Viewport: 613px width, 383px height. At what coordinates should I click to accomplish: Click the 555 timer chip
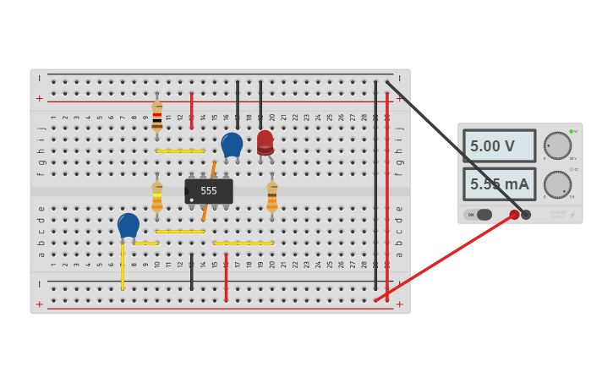(209, 191)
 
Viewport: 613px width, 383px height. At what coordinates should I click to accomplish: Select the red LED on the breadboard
(265, 141)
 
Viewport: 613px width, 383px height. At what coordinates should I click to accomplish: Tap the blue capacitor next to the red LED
(232, 145)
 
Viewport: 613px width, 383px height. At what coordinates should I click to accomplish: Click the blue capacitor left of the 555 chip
(129, 226)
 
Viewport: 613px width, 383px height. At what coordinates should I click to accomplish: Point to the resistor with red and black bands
(156, 116)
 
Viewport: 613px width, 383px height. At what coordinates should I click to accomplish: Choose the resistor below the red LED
(271, 198)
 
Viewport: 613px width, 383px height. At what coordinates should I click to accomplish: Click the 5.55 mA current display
(499, 183)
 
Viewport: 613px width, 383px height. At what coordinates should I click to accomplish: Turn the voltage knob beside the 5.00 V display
(556, 145)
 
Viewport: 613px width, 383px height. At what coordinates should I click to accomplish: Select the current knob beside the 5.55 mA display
(556, 183)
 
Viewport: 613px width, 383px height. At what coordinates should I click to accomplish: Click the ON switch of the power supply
(478, 215)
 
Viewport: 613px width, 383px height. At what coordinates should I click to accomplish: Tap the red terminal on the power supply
(514, 215)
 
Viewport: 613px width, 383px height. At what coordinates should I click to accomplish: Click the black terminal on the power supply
(526, 215)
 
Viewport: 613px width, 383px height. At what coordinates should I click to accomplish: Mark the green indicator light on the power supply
(572, 131)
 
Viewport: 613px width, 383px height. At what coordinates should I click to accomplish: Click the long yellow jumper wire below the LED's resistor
(244, 243)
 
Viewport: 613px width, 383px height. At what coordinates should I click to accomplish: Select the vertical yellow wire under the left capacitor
(123, 266)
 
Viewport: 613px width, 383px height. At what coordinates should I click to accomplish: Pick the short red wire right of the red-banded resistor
(192, 110)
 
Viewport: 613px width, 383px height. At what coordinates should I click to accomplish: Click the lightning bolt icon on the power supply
(572, 215)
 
